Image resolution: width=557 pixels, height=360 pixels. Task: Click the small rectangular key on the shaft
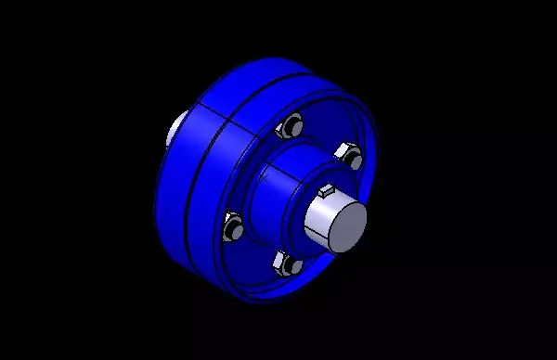pyautogui.click(x=326, y=191)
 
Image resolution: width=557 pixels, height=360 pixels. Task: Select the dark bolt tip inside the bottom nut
pyautogui.click(x=291, y=266)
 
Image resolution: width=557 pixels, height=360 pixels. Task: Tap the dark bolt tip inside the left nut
pyautogui.click(x=233, y=227)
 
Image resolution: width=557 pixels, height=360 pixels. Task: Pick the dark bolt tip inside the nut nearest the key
pyautogui.click(x=352, y=159)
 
